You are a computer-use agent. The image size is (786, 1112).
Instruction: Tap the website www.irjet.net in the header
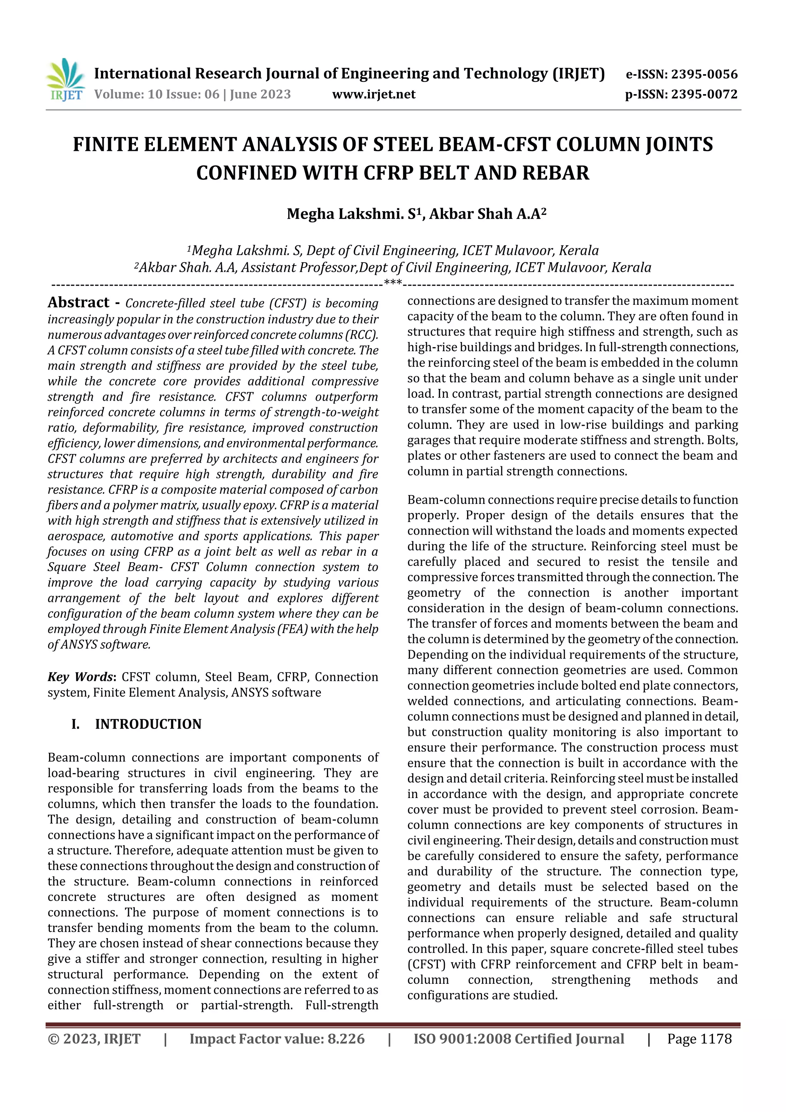[373, 94]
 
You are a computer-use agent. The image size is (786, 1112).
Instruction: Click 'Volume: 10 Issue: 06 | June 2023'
[192, 94]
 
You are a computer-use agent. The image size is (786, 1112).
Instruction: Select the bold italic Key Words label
[80, 677]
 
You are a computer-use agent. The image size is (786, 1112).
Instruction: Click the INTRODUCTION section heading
[148, 724]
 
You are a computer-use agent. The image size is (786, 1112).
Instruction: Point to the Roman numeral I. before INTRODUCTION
[76, 724]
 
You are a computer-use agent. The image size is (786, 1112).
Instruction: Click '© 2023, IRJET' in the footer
[94, 1039]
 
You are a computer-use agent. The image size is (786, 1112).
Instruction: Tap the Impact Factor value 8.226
[346, 1039]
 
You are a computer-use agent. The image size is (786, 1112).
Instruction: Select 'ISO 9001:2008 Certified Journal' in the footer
[518, 1039]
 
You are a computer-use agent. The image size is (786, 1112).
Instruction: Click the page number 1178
[716, 1039]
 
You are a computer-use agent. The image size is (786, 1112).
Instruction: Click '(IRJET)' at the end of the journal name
[579, 74]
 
